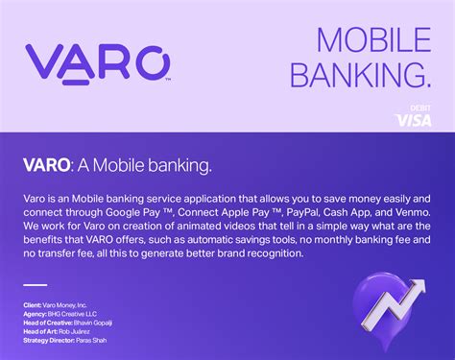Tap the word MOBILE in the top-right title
point(373,40)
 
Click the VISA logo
point(413,120)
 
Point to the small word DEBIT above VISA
point(420,108)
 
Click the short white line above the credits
point(35,285)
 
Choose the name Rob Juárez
point(82,330)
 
